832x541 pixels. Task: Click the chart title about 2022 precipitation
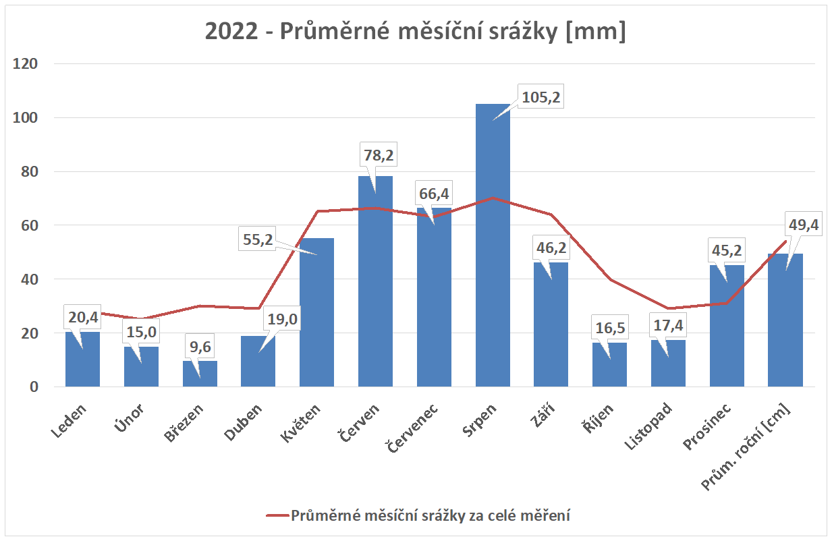click(x=416, y=32)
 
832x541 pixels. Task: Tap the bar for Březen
click(x=200, y=374)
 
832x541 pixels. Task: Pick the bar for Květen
click(x=316, y=317)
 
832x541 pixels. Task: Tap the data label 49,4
click(x=803, y=225)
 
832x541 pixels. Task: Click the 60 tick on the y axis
click(x=32, y=225)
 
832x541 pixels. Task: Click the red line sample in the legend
click(x=276, y=516)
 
